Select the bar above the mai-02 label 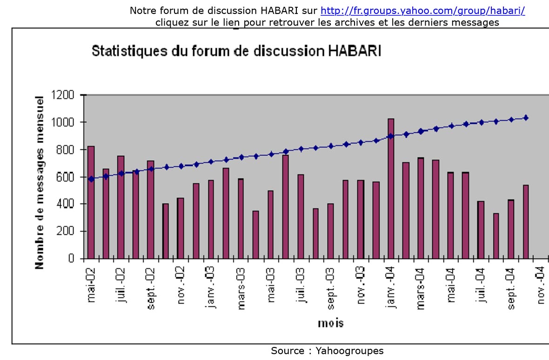[x=91, y=219]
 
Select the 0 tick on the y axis [x=71, y=258]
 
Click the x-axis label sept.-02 [x=151, y=289]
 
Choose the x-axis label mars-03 [x=241, y=289]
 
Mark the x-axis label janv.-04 [x=391, y=288]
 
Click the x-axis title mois [x=331, y=322]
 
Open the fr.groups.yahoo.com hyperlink [x=422, y=11]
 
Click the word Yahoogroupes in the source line [x=349, y=350]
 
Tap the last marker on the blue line [x=526, y=118]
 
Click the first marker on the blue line [x=91, y=179]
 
